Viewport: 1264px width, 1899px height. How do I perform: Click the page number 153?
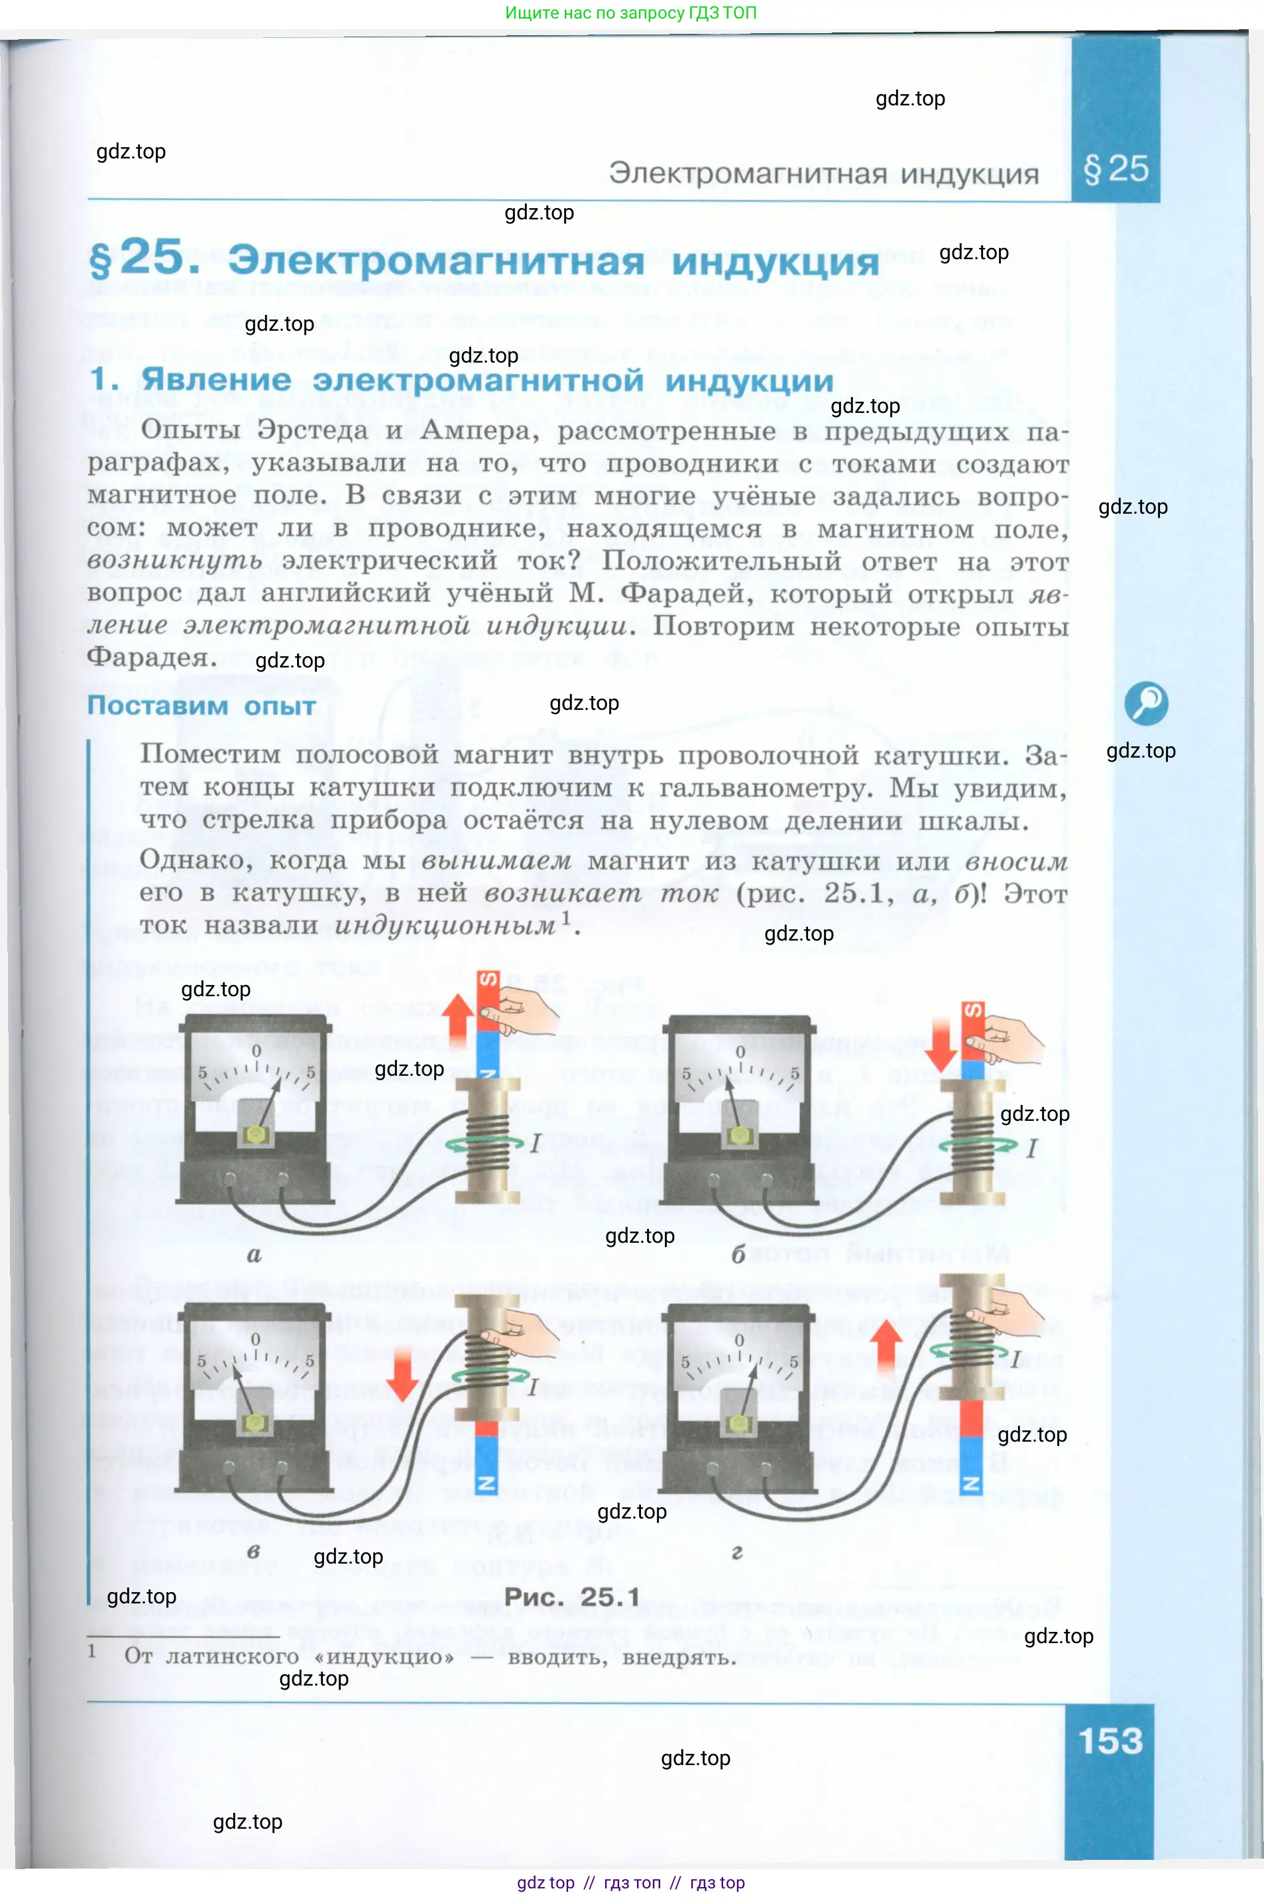1110,1742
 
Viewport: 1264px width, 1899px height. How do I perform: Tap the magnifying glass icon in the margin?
1145,703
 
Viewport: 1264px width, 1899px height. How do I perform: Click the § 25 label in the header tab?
1116,169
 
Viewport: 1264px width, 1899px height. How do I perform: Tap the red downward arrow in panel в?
402,1375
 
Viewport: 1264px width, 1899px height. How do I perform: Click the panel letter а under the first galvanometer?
254,1254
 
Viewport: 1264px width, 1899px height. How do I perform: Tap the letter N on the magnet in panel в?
486,1484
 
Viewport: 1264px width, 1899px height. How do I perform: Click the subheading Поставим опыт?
201,706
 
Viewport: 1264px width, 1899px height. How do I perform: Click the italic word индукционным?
445,926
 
